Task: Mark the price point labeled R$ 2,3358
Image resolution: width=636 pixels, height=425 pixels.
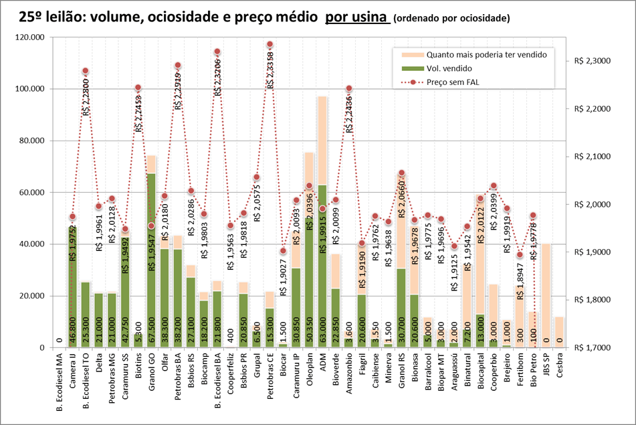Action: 270,45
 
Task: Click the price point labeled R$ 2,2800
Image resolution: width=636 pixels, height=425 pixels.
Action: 86,71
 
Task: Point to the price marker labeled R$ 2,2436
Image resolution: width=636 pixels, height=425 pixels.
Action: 348,88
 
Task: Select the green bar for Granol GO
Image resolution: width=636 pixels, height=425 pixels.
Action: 152,261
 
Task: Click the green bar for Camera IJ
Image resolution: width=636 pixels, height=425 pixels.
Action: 72,288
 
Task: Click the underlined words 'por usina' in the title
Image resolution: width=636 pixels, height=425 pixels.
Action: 357,17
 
